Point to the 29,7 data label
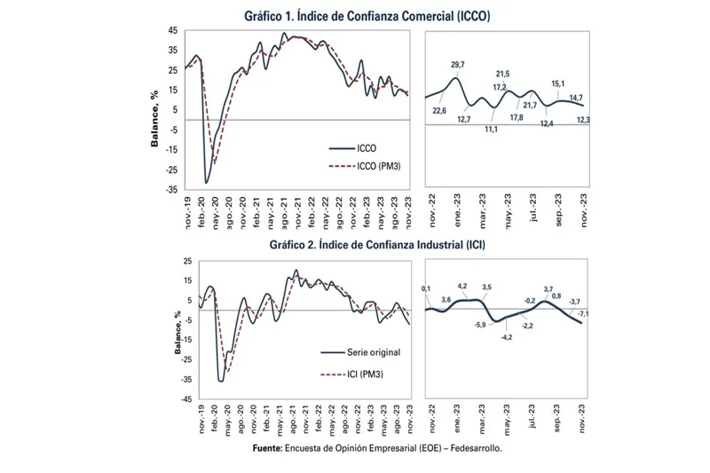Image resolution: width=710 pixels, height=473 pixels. click(458, 66)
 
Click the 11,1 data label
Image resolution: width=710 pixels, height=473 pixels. click(491, 130)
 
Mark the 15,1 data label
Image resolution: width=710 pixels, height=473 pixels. click(557, 85)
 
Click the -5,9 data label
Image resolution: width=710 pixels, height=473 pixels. click(480, 326)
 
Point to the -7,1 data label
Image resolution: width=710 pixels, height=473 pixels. click(583, 315)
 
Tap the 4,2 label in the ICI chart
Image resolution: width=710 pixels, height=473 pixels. click(461, 287)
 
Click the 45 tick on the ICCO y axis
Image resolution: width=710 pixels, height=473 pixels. click(172, 31)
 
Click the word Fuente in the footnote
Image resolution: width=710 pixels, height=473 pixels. click(267, 449)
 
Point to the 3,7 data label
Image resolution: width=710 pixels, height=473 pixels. click(548, 290)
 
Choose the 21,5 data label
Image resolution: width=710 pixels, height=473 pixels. click(502, 74)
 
